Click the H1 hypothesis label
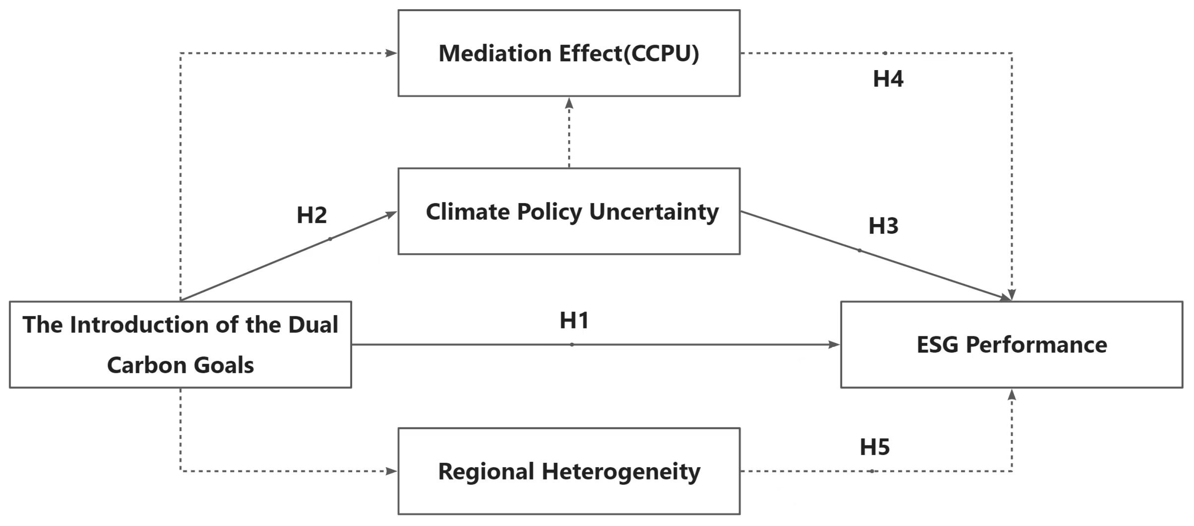[574, 320]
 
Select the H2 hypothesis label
[312, 215]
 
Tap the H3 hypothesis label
[883, 226]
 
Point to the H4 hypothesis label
[888, 79]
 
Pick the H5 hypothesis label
[875, 447]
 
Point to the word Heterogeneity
[621, 472]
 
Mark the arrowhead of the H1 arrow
[834, 345]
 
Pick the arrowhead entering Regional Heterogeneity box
[392, 471]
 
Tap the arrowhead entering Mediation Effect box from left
[392, 54]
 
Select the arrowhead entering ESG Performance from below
[1012, 394]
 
